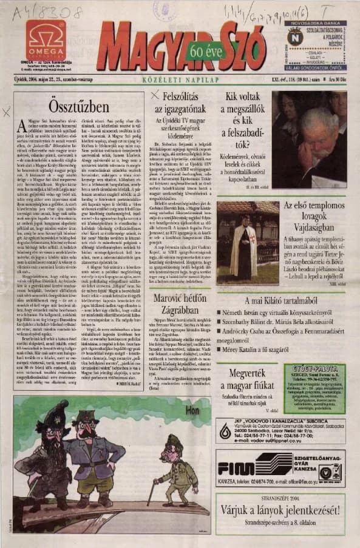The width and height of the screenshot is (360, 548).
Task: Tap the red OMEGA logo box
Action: pyautogui.click(x=46, y=39)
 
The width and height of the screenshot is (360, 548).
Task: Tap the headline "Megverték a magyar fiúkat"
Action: pyautogui.click(x=246, y=379)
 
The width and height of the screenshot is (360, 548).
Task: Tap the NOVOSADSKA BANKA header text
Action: pyautogui.click(x=316, y=23)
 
